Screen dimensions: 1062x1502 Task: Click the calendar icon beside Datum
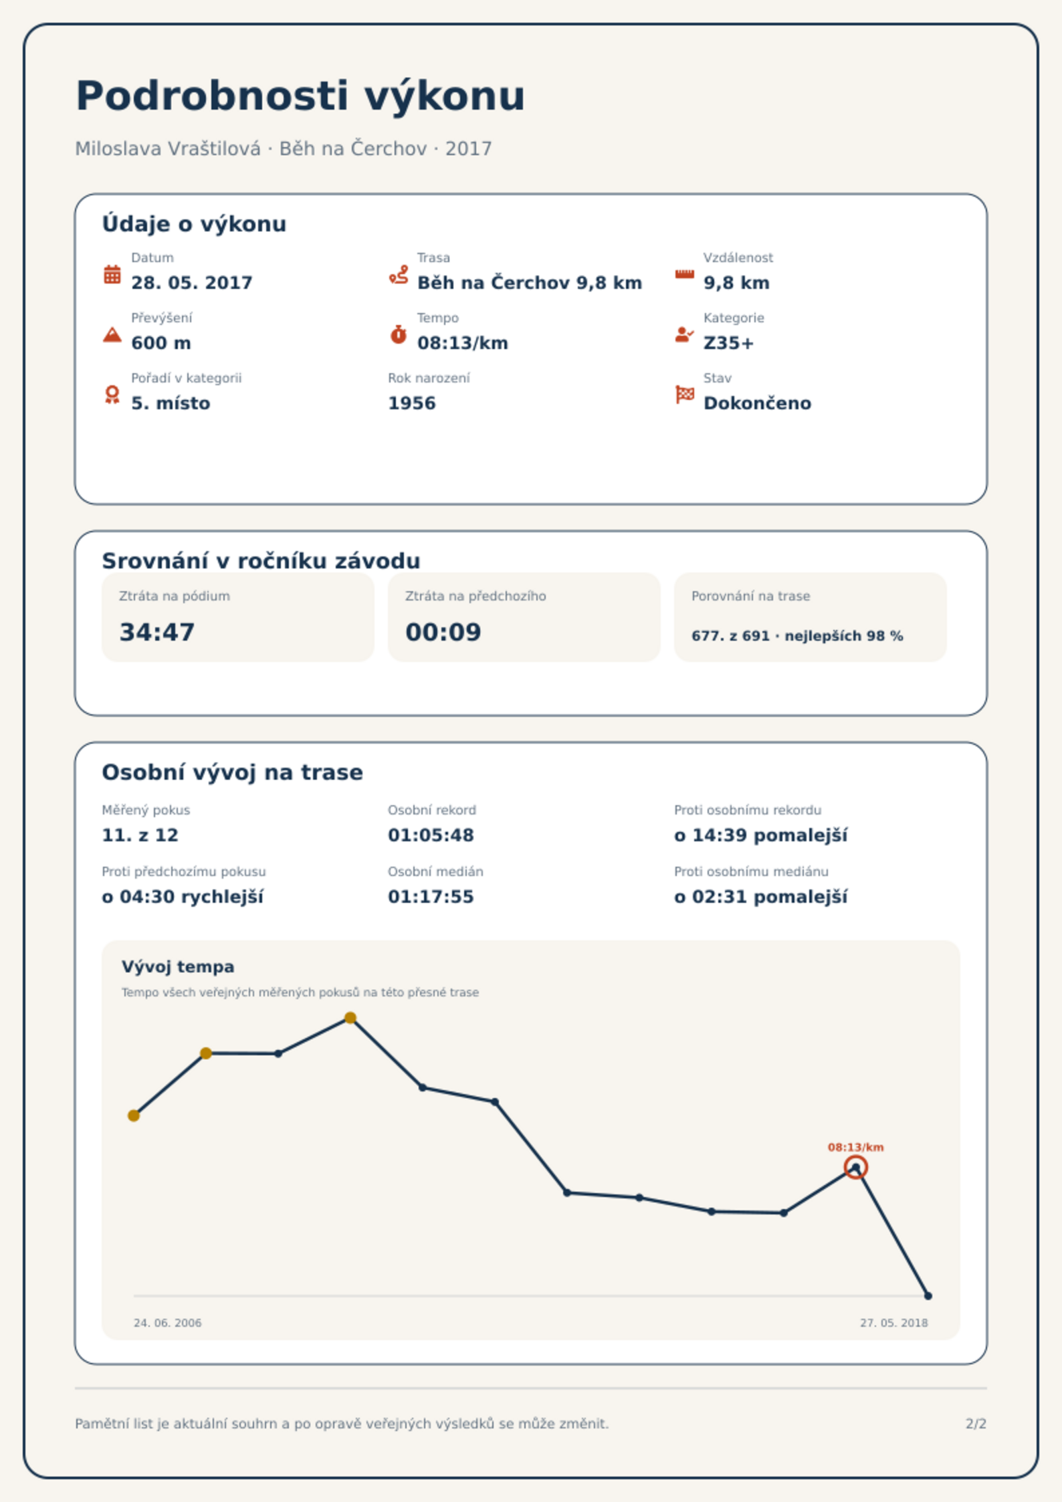point(112,274)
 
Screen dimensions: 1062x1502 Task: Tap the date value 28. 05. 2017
point(192,283)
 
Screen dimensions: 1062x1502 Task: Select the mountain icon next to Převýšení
point(112,334)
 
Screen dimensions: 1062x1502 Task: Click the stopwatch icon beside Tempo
point(399,334)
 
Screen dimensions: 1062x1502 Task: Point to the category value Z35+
point(728,343)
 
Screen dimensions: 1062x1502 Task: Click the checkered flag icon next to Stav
point(685,395)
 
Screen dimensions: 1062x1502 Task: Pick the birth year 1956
point(412,403)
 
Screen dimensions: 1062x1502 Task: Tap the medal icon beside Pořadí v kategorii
point(112,395)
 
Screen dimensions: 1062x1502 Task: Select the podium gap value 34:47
point(157,632)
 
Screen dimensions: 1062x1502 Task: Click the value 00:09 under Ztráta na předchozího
point(443,632)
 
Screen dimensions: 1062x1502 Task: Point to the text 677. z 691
point(730,636)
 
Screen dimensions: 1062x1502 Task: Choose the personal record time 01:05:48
point(431,835)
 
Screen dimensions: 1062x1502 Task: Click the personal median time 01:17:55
point(431,897)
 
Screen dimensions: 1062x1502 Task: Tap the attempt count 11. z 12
point(140,835)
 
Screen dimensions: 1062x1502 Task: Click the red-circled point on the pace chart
point(855,1168)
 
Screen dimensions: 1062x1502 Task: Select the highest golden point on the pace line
point(350,1018)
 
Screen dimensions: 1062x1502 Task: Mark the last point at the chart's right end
point(928,1296)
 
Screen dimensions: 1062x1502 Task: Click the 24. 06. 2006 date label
point(167,1323)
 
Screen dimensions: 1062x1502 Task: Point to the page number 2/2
point(976,1424)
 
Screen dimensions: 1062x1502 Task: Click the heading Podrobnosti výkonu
point(300,96)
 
